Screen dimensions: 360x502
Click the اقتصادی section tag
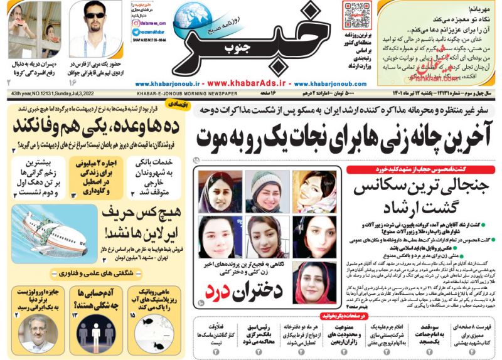coord(175,107)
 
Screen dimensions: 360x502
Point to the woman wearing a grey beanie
coord(267,186)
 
